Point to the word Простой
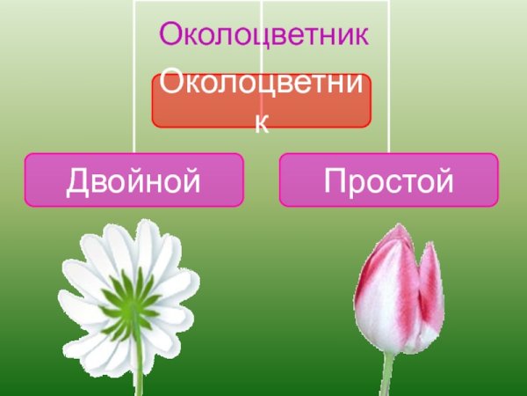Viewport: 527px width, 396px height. [x=388, y=180]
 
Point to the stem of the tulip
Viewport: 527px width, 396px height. [x=386, y=374]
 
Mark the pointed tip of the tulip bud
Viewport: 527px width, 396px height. [x=400, y=228]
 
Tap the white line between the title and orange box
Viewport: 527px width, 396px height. [x=262, y=62]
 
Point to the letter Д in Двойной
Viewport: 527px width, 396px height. [x=80, y=181]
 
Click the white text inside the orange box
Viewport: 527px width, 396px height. [x=262, y=89]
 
